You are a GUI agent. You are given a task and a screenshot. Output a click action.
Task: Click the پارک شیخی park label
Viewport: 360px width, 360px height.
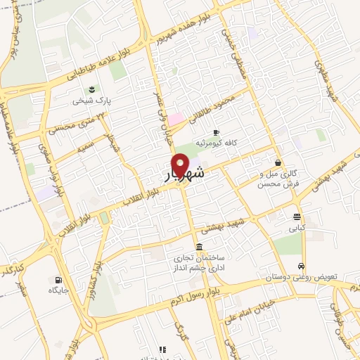click(x=92, y=101)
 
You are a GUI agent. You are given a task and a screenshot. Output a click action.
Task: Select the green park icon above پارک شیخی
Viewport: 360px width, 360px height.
click(x=92, y=89)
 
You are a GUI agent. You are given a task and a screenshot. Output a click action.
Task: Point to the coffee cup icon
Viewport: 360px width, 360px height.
click(x=216, y=132)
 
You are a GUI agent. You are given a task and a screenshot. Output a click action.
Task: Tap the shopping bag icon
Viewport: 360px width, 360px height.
click(x=280, y=162)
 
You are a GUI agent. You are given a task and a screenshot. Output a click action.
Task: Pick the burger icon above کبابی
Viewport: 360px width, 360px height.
click(x=297, y=217)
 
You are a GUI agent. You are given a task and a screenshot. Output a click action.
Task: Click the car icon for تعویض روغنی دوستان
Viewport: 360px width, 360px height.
click(x=301, y=266)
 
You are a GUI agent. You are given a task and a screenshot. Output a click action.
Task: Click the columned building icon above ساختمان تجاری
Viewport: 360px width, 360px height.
click(x=200, y=247)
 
